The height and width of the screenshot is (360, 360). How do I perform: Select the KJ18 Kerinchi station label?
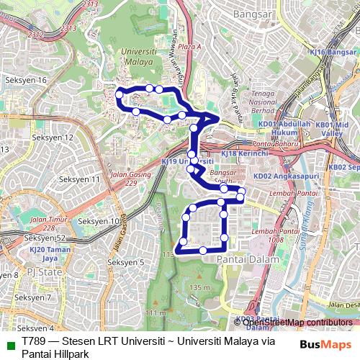tap(245, 153)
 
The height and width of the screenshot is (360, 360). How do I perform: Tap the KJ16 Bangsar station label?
tap(333, 52)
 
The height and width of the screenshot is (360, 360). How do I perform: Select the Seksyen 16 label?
tap(28, 80)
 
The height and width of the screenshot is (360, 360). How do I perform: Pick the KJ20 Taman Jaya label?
tap(48, 253)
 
